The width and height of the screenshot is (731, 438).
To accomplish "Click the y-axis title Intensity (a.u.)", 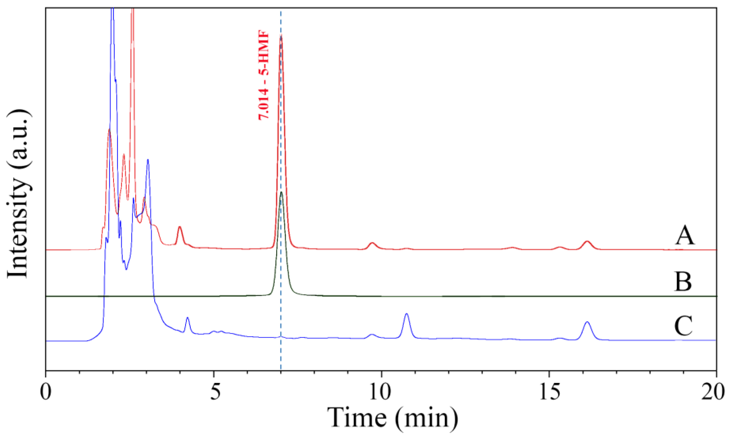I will click(18, 195).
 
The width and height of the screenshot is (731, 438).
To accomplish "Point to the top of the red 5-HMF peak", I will click(281, 36).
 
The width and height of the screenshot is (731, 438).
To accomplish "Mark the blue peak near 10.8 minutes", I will click(407, 314).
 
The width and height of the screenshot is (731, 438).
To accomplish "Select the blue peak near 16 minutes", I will click(587, 322).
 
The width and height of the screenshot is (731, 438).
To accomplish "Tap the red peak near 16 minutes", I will click(587, 242).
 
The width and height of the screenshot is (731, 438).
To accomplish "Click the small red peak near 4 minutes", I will click(179, 227).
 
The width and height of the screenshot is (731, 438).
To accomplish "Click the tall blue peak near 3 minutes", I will click(148, 160).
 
